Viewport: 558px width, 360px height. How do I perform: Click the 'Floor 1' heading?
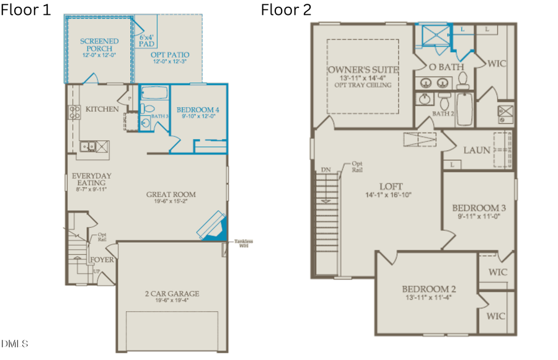[26, 9]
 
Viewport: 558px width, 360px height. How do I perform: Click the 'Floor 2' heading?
[286, 9]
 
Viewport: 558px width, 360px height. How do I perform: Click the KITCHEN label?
[102, 109]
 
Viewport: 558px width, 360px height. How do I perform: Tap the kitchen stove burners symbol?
[74, 112]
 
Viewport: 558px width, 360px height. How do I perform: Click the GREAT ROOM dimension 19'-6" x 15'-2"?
[170, 201]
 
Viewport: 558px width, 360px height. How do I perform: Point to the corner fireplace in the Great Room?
[213, 226]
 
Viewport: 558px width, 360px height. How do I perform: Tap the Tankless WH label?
[242, 244]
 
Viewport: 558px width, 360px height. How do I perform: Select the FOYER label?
[102, 260]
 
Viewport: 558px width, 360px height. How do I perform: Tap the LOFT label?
[392, 186]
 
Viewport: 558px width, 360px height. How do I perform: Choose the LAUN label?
[477, 150]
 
